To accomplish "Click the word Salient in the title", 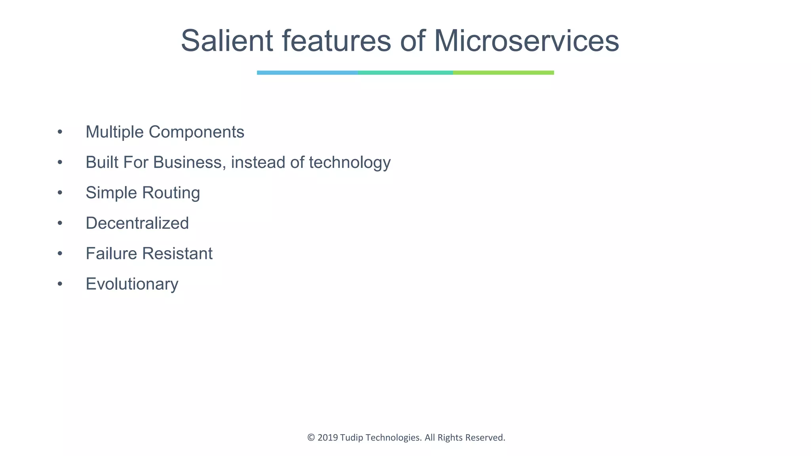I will click(x=227, y=41).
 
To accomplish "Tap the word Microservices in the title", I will click(x=526, y=41).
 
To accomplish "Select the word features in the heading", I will click(x=336, y=41).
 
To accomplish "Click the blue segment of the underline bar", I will click(x=307, y=73).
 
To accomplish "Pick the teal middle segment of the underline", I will click(x=405, y=73).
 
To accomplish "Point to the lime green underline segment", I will click(x=503, y=73).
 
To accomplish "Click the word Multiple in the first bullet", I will click(x=114, y=132).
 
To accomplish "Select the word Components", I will click(x=196, y=132).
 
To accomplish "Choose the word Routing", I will click(x=171, y=193).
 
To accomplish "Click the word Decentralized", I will click(x=137, y=223).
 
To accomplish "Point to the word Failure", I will click(x=111, y=254).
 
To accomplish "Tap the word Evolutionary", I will click(x=132, y=284).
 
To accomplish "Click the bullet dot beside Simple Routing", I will click(x=60, y=193).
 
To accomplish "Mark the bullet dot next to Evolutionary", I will click(x=60, y=284).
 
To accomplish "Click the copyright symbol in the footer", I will click(x=311, y=437).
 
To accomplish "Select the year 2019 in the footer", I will click(x=328, y=437).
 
